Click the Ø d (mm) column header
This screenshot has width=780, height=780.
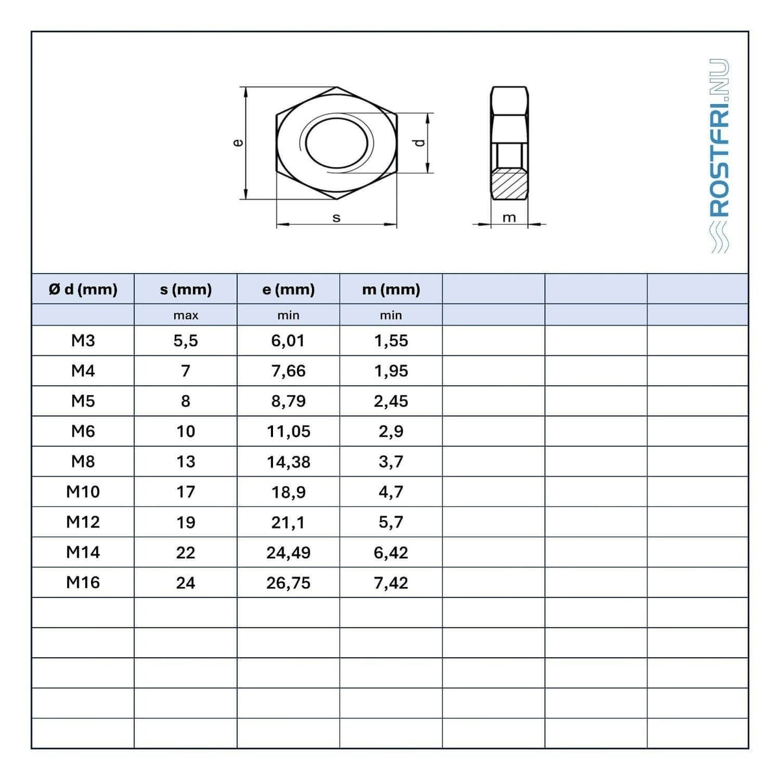(83, 289)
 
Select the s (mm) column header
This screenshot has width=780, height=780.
(186, 289)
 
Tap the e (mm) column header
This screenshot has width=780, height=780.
(288, 289)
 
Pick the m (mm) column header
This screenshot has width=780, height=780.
(391, 289)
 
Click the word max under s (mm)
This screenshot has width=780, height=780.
(186, 315)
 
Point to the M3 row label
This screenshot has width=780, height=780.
(83, 341)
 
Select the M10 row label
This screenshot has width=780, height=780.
(83, 492)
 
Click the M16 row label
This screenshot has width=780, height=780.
(83, 582)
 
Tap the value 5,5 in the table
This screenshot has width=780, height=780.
(186, 341)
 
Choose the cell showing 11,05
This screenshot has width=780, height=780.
(288, 432)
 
